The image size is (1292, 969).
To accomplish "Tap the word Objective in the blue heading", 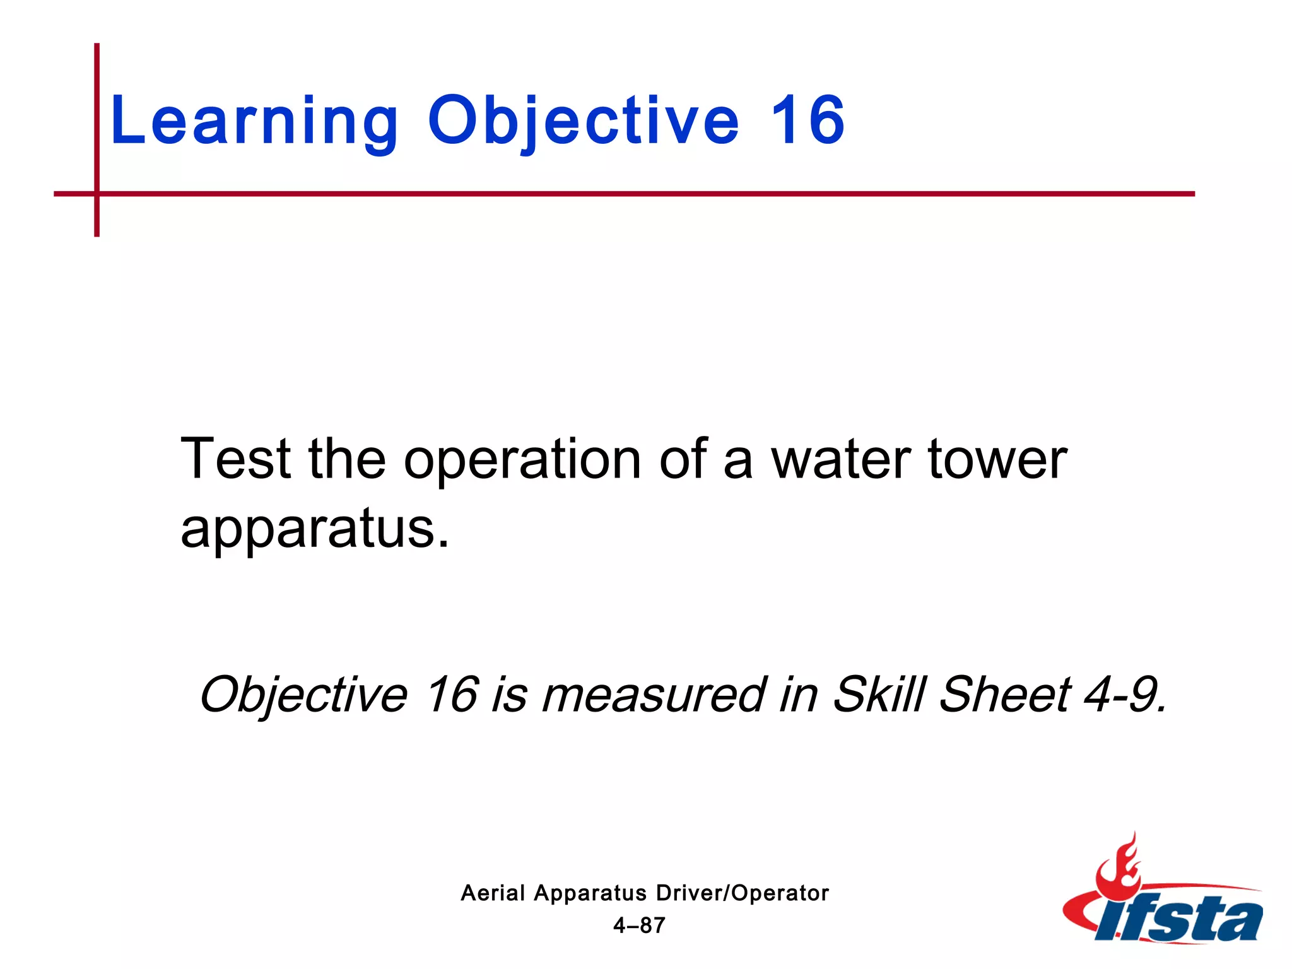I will click(x=583, y=121).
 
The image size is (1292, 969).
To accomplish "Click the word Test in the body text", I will click(x=236, y=459).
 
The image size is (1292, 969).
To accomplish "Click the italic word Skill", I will click(x=879, y=695).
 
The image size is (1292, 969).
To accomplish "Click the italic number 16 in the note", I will click(x=452, y=695).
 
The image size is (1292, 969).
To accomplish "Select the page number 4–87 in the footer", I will click(x=639, y=925).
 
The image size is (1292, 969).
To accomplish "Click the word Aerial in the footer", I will click(x=493, y=893).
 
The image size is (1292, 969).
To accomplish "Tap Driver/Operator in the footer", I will click(x=742, y=893).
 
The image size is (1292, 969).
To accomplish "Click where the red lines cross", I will click(x=97, y=194).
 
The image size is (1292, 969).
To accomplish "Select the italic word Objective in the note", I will click(x=303, y=695).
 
